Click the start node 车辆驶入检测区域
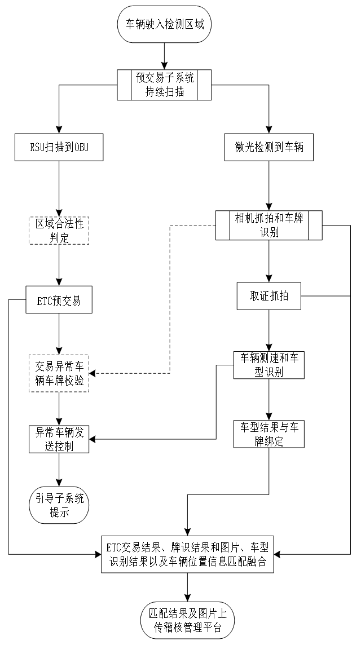(164, 24)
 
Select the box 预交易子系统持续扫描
(164, 85)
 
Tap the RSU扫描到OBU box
(59, 148)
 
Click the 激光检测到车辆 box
(268, 148)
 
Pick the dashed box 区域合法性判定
(59, 230)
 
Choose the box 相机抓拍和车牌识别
(268, 225)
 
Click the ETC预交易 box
(59, 300)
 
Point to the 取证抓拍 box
(268, 296)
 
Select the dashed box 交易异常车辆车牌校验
(59, 373)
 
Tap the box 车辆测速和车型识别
(268, 365)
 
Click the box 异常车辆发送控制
(59, 439)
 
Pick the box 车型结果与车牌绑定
(268, 434)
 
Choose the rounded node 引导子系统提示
(59, 505)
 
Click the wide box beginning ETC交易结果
(187, 554)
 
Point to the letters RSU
(37, 148)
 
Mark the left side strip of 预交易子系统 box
(124, 85)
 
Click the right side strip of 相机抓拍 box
(315, 225)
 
